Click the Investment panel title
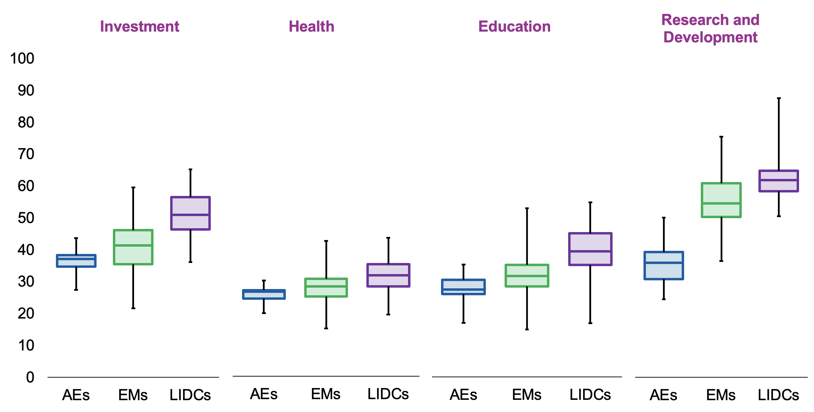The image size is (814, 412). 140,27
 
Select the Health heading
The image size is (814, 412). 312,27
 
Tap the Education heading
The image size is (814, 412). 514,27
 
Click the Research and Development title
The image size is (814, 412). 710,28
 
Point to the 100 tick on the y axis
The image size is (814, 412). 22,58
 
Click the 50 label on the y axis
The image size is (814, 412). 26,218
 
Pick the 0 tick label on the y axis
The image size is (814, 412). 30,377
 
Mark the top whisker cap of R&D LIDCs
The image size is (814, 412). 779,99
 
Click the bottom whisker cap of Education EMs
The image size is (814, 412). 527,329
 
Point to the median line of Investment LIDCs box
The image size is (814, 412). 190,215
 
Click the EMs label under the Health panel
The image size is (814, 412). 326,394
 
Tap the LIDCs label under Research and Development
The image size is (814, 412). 778,395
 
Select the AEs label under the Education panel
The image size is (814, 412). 463,395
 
